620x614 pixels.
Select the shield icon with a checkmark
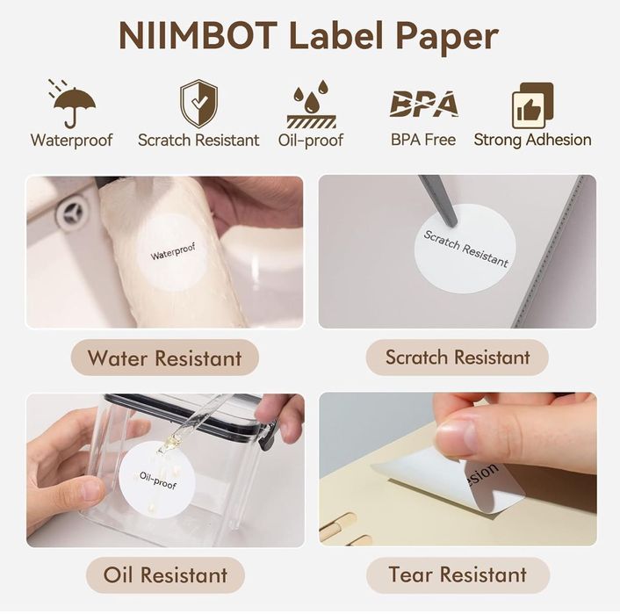coord(198,104)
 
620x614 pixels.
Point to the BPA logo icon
coord(423,104)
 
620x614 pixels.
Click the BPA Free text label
coord(423,140)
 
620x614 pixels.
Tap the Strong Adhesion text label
coord(532,140)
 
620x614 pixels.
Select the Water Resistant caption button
coord(164,358)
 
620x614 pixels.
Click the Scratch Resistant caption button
coord(458,358)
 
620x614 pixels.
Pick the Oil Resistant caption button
coord(164,575)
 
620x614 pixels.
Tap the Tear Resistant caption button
coord(458,575)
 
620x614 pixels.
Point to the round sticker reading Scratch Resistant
coord(465,249)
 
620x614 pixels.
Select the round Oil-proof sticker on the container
coord(157,480)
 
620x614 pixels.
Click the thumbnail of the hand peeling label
coord(458,469)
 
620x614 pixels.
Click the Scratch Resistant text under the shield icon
coord(198,140)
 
